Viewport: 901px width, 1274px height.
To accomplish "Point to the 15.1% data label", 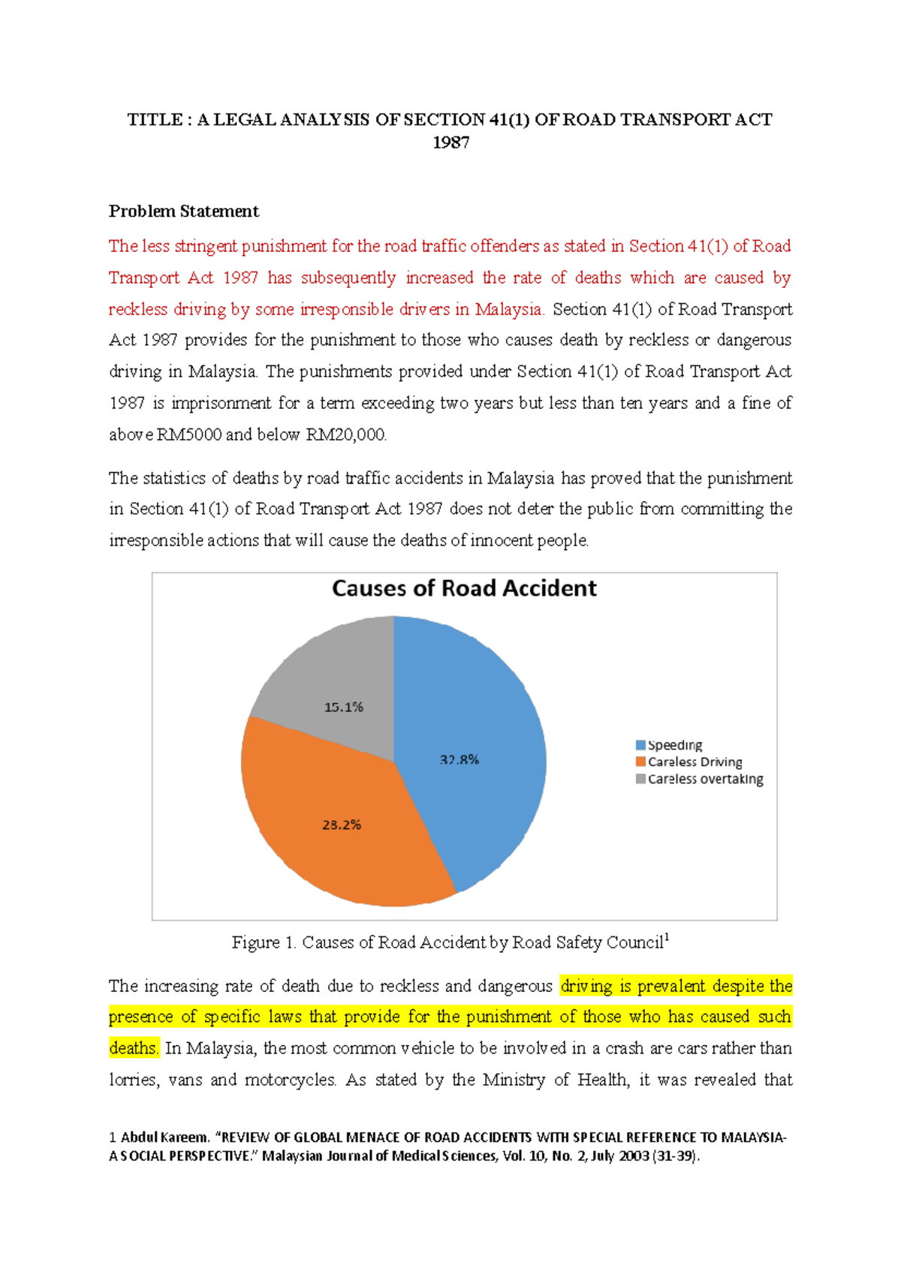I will [343, 707].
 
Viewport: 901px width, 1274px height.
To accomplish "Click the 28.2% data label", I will [342, 825].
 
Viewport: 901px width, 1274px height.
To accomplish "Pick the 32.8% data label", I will [459, 759].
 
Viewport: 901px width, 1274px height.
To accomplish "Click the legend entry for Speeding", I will [674, 745].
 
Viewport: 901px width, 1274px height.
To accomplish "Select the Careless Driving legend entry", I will [695, 762].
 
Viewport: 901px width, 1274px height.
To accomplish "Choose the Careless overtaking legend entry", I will [705, 779].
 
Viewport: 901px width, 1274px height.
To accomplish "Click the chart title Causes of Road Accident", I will [464, 588].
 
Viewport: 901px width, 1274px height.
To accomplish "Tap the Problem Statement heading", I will [183, 211].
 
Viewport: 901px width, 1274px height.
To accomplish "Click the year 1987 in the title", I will [450, 143].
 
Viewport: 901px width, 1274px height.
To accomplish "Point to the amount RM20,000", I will [346, 434].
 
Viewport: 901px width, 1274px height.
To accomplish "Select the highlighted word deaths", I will [134, 1048].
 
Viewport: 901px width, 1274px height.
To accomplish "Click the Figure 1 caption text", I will [449, 942].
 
